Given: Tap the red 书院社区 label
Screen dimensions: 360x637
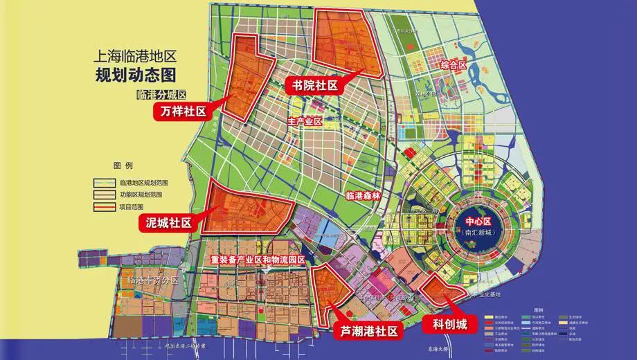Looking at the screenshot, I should pos(314,86).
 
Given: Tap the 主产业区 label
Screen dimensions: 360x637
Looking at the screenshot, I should pos(305,122).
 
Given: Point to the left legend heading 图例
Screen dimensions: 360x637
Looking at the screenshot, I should pos(123,165).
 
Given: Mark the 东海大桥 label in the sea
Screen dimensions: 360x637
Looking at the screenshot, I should pos(437,347).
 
